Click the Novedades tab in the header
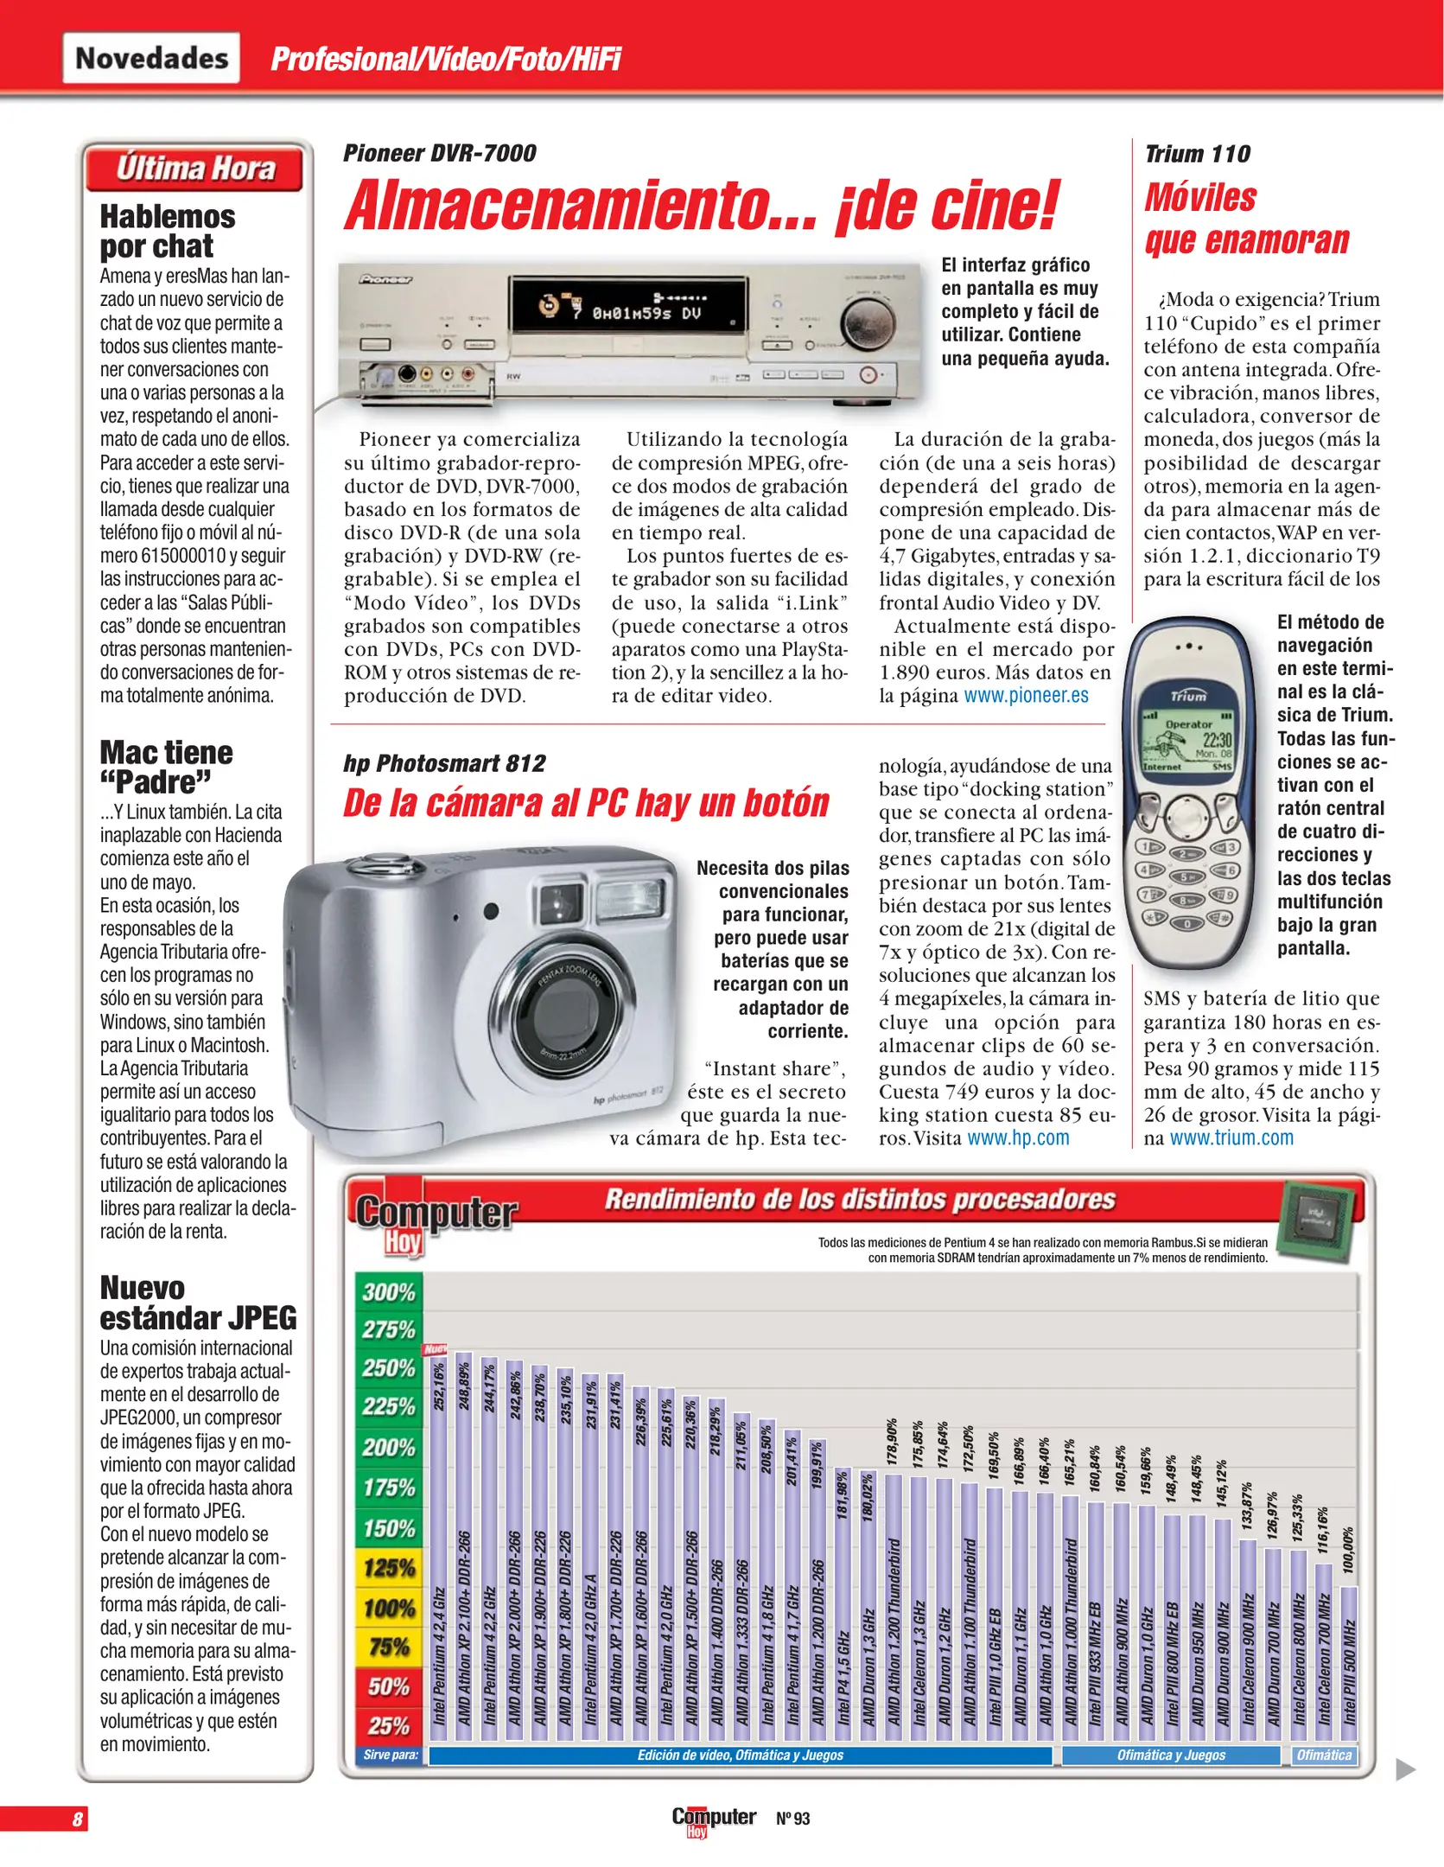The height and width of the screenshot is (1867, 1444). pyautogui.click(x=151, y=58)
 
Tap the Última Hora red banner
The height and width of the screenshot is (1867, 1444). pyautogui.click(x=195, y=168)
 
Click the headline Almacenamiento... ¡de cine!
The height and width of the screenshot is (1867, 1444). pyautogui.click(x=701, y=206)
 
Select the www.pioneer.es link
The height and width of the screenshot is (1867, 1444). pyautogui.click(x=1026, y=696)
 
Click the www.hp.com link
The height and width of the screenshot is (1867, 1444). pyautogui.click(x=1018, y=1138)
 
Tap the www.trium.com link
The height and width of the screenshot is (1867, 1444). pyautogui.click(x=1231, y=1138)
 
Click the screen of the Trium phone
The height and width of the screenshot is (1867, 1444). pyautogui.click(x=1188, y=744)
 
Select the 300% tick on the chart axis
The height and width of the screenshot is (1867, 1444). pyautogui.click(x=389, y=1292)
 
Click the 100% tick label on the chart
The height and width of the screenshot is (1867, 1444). pyautogui.click(x=389, y=1609)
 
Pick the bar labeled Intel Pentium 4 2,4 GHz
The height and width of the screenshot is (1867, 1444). pyautogui.click(x=439, y=1556)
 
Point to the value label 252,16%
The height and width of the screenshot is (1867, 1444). pyautogui.click(x=439, y=1386)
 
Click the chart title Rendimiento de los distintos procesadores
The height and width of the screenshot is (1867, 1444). pyautogui.click(x=859, y=1200)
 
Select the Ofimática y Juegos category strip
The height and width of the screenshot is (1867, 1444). pyautogui.click(x=1170, y=1755)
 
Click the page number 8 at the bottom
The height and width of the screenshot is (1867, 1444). pyautogui.click(x=78, y=1819)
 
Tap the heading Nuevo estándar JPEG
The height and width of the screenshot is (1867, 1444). pyautogui.click(x=198, y=1303)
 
